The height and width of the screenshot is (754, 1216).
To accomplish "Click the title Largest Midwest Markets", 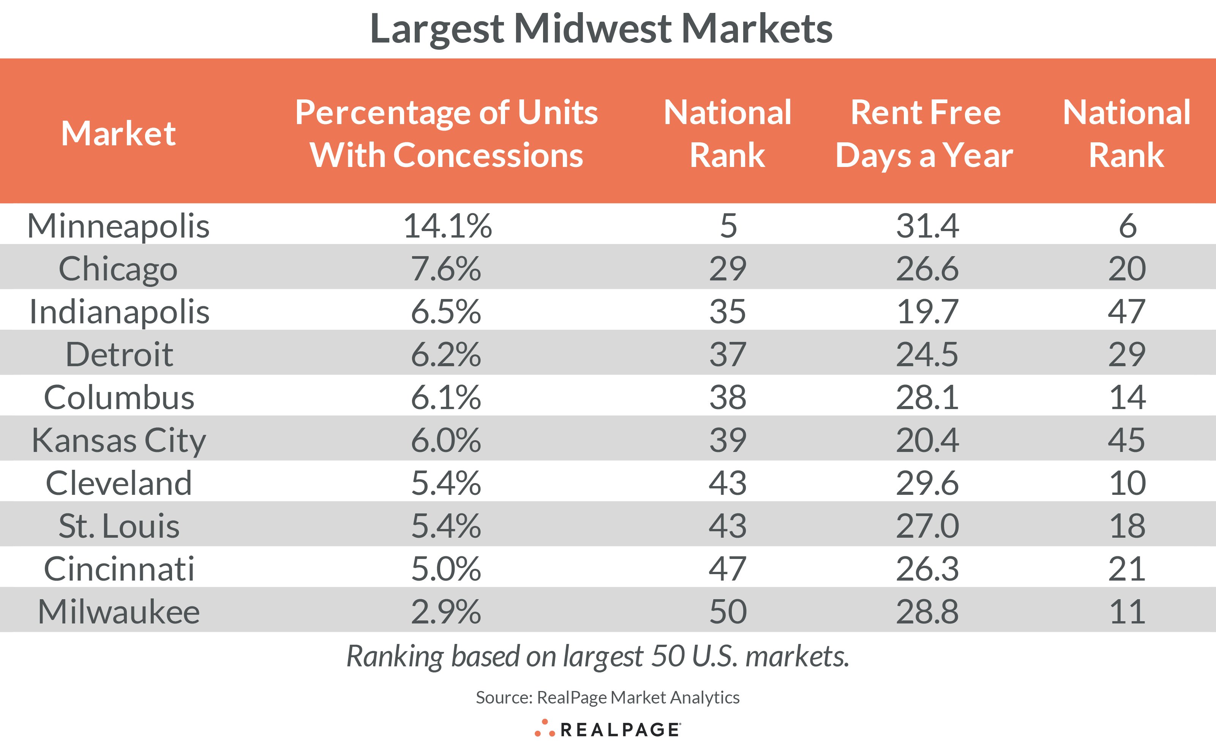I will (x=601, y=28).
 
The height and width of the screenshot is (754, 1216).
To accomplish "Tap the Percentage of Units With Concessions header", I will (x=446, y=134).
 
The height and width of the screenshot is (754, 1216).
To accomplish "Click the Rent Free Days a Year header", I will (x=925, y=134).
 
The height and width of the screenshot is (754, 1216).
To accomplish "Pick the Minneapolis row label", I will (x=118, y=226).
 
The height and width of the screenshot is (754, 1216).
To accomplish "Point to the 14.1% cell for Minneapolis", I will (x=447, y=226).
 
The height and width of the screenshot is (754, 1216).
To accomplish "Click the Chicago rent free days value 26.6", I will (x=927, y=269).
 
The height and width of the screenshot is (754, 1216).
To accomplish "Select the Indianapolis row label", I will (x=119, y=312).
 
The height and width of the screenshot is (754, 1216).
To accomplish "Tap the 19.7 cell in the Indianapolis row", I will (x=927, y=312).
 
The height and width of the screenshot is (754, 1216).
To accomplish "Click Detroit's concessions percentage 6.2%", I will (x=445, y=354).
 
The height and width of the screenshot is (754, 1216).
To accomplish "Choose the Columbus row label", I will (x=119, y=397).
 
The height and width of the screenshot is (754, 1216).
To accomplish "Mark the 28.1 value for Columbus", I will (x=927, y=397).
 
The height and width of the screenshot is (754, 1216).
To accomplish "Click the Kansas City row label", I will (x=119, y=440).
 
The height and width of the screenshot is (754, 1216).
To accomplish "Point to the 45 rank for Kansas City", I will (x=1127, y=440).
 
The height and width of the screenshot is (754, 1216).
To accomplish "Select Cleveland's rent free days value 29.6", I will (x=927, y=483).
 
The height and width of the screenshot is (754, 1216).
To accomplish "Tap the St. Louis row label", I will (x=119, y=526).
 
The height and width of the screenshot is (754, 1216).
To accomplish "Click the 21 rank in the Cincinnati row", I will (x=1127, y=569).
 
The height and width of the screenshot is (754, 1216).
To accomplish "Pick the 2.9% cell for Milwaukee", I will (x=445, y=612).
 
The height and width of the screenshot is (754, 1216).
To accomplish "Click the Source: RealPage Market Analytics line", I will (x=607, y=697).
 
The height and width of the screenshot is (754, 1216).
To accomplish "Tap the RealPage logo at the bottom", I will (x=607, y=729).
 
